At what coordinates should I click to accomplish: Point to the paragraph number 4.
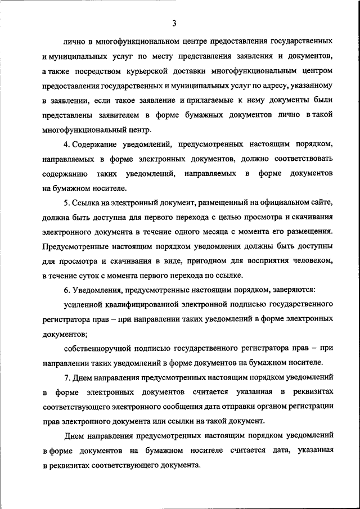pos(65,145)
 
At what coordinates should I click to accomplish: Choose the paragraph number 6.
pos(65,290)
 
